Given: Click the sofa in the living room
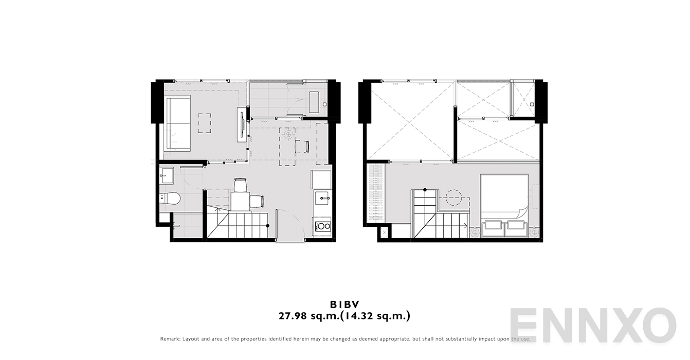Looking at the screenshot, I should (x=178, y=123).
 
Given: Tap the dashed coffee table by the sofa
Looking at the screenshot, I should (x=205, y=123).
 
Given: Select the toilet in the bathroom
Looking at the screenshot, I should (x=170, y=198).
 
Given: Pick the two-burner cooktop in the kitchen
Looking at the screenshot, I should (x=322, y=225).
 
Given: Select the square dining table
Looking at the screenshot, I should (x=240, y=201).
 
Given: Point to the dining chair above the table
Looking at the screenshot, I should (x=240, y=184).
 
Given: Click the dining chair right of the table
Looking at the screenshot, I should (x=258, y=201).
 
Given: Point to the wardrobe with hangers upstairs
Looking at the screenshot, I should (x=375, y=193).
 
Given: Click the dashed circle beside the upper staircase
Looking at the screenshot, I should (x=455, y=197).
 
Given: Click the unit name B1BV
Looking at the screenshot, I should (x=344, y=304).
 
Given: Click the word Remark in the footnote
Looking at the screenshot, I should (x=170, y=339).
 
